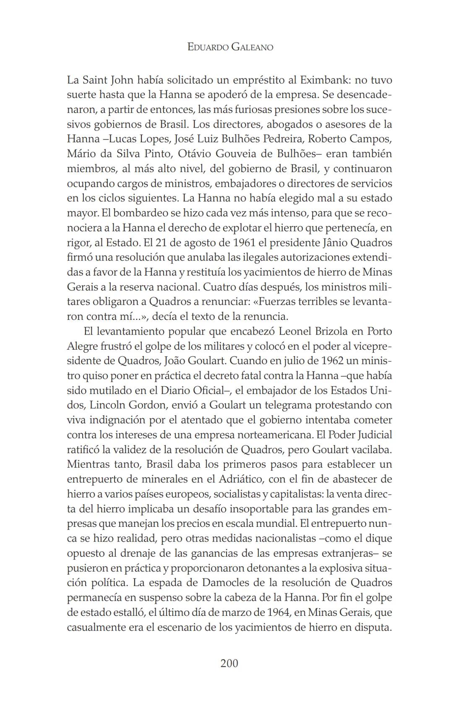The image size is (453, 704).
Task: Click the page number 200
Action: (x=229, y=663)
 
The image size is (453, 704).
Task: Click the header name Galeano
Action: (x=252, y=47)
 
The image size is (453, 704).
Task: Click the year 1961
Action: (x=246, y=243)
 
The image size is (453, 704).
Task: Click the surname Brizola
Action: (x=329, y=331)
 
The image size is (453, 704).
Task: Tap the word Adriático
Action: (x=240, y=479)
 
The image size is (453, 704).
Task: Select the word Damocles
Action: (x=228, y=583)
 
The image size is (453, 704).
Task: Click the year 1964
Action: (x=279, y=612)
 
